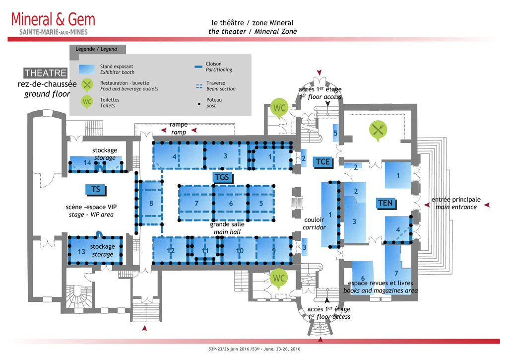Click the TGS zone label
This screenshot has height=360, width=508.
coord(222,177)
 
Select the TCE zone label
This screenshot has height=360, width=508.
coord(322,161)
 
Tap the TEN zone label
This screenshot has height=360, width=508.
coord(385,203)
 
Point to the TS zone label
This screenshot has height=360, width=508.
coord(96,189)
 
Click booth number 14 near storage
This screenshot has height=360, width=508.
coord(87,163)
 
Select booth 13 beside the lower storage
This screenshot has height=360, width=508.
coord(82,252)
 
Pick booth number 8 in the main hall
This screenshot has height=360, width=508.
coord(151,203)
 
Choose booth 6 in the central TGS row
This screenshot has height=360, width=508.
coord(231,203)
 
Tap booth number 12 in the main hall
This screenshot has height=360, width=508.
coord(171,251)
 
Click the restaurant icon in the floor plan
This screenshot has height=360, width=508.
coord(378,130)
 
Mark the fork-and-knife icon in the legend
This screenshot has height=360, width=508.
coord(87,85)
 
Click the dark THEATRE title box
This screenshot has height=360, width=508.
coord(45,73)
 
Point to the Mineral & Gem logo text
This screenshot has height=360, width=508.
coord(53,20)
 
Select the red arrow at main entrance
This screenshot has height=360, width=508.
coord(487,204)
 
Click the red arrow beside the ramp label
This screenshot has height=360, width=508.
coord(194,130)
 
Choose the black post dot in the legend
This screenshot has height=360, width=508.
coord(199,105)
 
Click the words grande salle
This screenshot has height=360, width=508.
coord(227,224)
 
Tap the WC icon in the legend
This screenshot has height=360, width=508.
coord(87,102)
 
